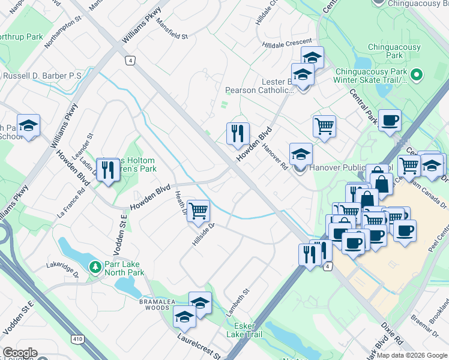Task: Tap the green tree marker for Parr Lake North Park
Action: coord(94,266)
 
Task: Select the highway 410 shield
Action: coord(77,339)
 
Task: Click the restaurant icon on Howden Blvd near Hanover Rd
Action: coord(238,133)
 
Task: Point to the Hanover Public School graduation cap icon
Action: coord(301,154)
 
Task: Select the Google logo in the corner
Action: coord(19,353)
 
